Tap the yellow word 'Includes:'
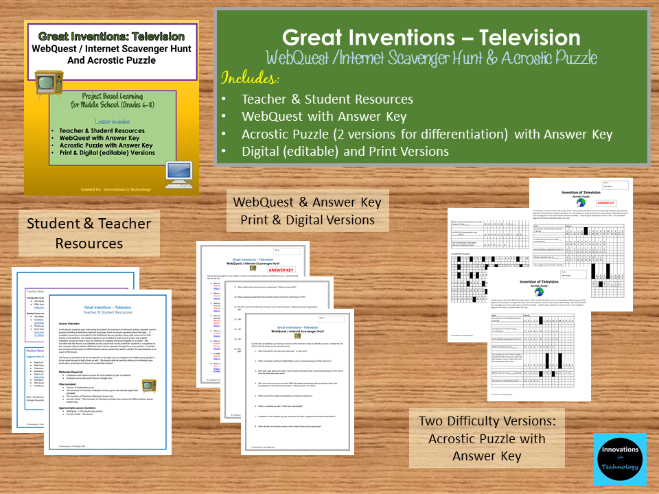[x=251, y=76]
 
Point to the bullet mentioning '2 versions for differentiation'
[x=426, y=134]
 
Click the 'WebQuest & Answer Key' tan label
[x=306, y=211]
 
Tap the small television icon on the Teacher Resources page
[x=148, y=386]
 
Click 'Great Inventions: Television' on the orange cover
[x=111, y=36]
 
